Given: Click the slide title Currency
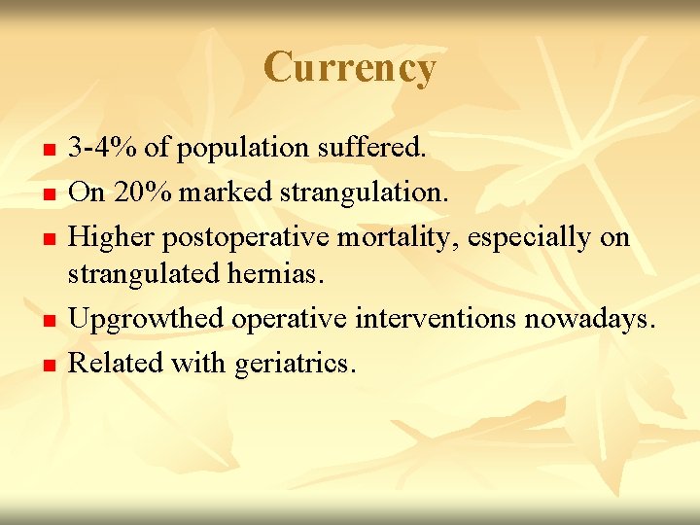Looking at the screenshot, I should click(349, 68).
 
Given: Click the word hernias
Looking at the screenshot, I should click(283, 274).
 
